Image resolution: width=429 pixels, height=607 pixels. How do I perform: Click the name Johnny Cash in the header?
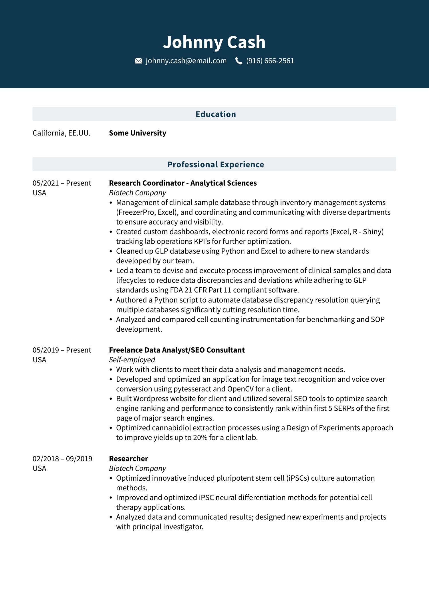(214, 42)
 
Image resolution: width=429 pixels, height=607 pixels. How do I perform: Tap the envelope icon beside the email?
(138, 61)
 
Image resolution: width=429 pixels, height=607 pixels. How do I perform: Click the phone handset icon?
(239, 61)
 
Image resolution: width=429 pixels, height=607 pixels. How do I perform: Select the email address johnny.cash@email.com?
(186, 61)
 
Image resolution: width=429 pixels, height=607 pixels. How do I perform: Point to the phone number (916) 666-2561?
(270, 61)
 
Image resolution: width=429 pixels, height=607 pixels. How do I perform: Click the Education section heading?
(216, 114)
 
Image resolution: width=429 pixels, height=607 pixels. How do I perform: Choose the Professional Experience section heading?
(216, 164)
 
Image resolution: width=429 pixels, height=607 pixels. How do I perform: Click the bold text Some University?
(138, 133)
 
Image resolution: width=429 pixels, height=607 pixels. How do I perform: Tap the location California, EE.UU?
(61, 133)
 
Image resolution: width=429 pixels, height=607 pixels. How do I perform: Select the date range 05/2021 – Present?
(62, 183)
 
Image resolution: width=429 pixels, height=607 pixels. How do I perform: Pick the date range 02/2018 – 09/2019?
(62, 459)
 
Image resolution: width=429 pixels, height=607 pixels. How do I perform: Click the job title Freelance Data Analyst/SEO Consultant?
(177, 350)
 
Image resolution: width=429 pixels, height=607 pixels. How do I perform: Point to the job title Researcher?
(128, 459)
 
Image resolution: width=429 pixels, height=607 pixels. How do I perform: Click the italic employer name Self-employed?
(132, 360)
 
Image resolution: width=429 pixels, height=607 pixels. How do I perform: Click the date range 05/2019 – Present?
(62, 350)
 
